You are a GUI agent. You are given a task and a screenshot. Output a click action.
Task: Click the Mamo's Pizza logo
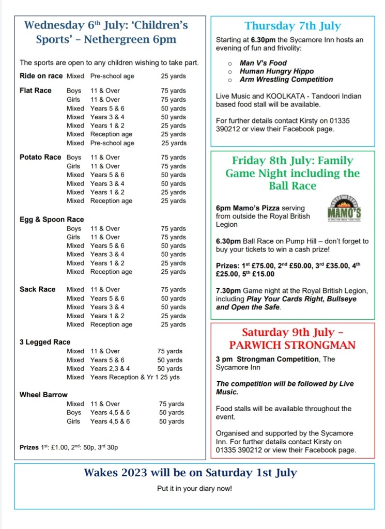pos(344,208)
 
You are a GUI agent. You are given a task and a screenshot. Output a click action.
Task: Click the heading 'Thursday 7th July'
pos(292,26)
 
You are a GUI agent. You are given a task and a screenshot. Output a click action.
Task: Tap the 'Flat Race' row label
pos(36,90)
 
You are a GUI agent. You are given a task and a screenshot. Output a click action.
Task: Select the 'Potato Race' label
pos(40,157)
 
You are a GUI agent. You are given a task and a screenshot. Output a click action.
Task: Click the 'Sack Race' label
pos(37,289)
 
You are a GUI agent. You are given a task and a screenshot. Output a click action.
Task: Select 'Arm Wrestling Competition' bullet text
pos(286,80)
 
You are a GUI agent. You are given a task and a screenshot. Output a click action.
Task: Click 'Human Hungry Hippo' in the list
pos(276,71)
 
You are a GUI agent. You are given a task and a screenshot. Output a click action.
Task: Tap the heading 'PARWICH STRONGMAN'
pos(292,345)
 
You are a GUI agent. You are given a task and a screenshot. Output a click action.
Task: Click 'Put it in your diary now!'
pos(194,488)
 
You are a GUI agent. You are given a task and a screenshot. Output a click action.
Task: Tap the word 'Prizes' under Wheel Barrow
pos(29,447)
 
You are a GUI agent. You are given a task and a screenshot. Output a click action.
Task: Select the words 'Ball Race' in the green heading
pos(292,185)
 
